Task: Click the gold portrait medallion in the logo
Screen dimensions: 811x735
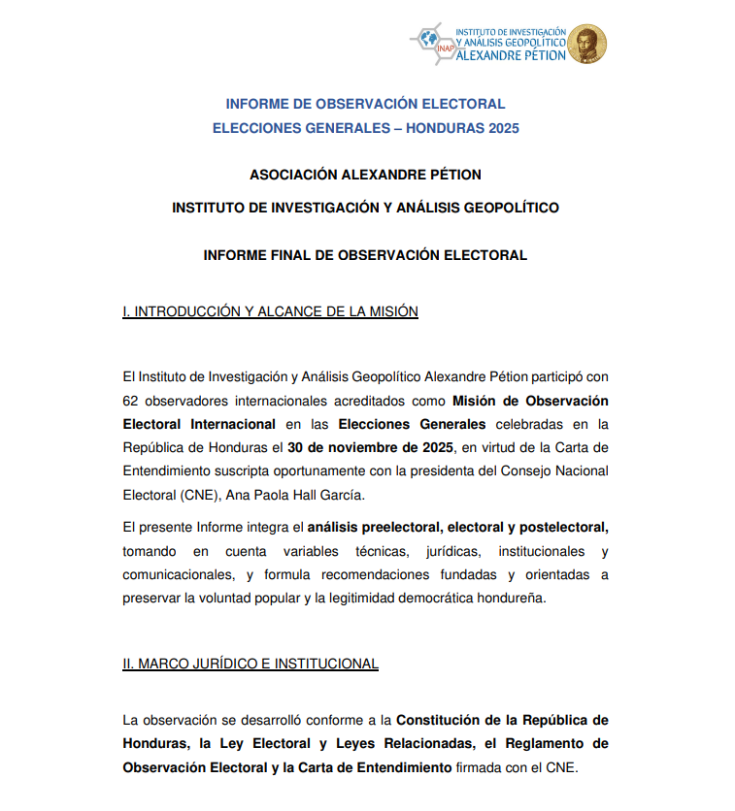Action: [587, 45]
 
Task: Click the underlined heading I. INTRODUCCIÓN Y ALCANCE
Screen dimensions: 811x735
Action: [270, 311]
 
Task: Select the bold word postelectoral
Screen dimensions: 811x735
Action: [564, 528]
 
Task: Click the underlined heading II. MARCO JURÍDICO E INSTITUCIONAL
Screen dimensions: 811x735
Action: [251, 664]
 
